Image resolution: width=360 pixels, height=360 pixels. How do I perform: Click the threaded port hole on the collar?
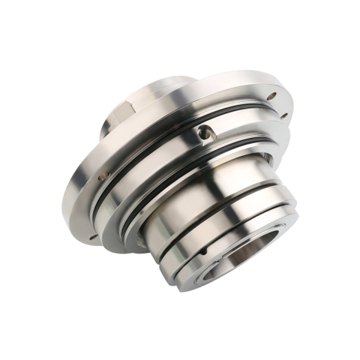[204, 134]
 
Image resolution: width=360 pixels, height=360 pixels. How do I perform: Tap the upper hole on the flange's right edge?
[271, 96]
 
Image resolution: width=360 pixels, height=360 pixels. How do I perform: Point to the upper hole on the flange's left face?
[102, 177]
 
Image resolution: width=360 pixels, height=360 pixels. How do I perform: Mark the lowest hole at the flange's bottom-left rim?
[92, 236]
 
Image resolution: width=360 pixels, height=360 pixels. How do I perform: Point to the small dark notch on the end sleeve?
[265, 157]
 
